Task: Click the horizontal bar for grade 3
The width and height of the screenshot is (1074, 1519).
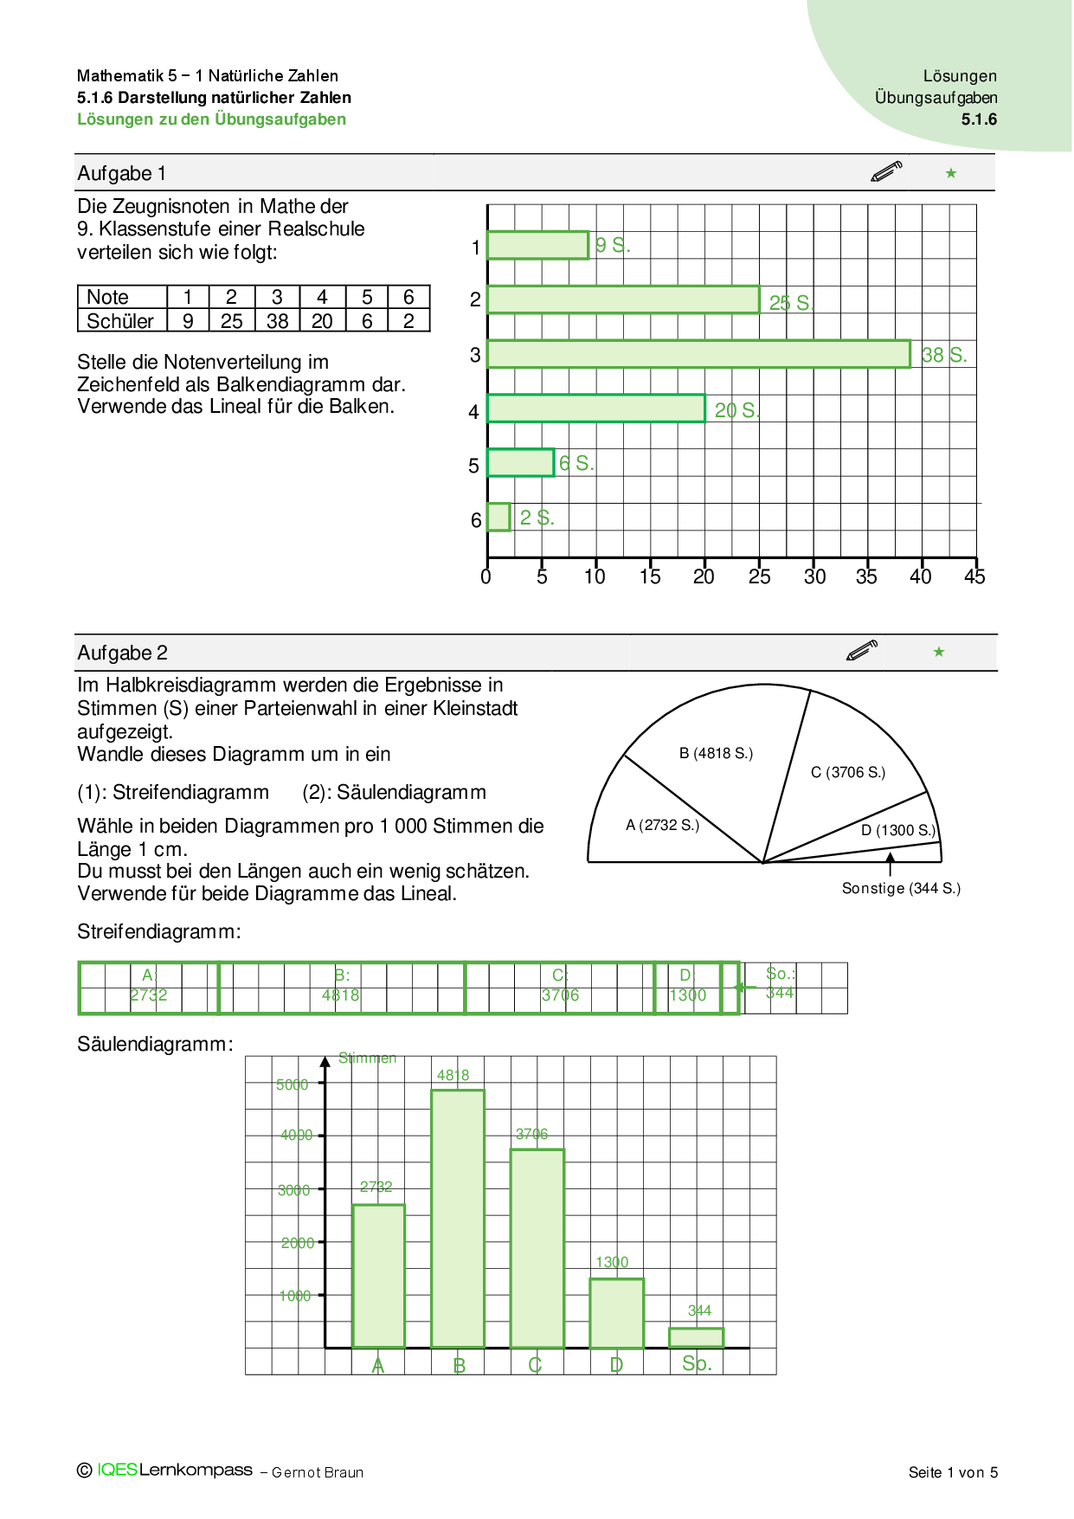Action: pyautogui.click(x=698, y=354)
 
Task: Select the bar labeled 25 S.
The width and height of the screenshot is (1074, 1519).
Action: pyautogui.click(x=623, y=299)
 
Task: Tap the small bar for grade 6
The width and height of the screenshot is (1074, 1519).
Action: pyautogui.click(x=498, y=517)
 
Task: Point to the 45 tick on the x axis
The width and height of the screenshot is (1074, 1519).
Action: pyautogui.click(x=974, y=576)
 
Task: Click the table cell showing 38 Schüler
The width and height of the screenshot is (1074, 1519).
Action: pyautogui.click(x=277, y=321)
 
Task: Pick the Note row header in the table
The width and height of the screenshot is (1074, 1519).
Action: pyautogui.click(x=107, y=297)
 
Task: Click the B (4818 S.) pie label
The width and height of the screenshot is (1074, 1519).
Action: pyautogui.click(x=716, y=753)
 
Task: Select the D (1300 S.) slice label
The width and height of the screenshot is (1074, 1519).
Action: pyautogui.click(x=897, y=830)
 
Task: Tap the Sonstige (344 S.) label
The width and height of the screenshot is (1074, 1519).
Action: pyautogui.click(x=901, y=888)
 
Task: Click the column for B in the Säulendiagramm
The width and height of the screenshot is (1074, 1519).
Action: pyautogui.click(x=458, y=1218)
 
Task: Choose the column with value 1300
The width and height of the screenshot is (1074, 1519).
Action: pyautogui.click(x=616, y=1312)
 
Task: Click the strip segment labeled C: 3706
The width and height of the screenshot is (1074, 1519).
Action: pyautogui.click(x=559, y=987)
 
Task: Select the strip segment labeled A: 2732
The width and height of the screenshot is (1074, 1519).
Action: pyautogui.click(x=148, y=987)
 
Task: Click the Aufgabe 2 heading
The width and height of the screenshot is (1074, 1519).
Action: pyautogui.click(x=122, y=653)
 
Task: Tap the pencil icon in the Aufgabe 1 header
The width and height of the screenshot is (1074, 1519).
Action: pyautogui.click(x=886, y=171)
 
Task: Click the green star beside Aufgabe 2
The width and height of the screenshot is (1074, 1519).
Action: pyautogui.click(x=939, y=652)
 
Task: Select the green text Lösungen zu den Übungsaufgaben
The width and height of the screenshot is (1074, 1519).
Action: pyautogui.click(x=211, y=119)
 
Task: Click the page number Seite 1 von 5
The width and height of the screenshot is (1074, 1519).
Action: pyautogui.click(x=953, y=1472)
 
